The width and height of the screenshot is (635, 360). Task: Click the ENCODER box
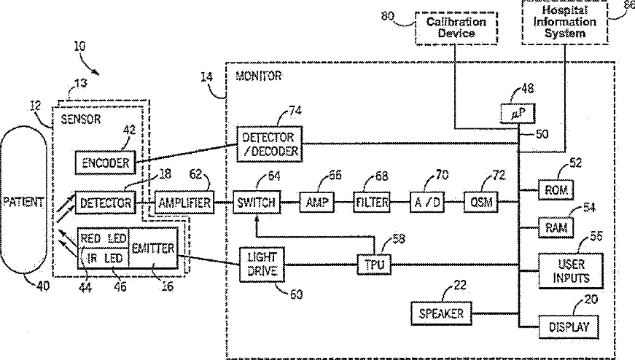tap(105, 163)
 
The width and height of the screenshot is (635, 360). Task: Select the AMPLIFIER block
tap(184, 203)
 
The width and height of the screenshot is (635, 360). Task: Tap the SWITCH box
tap(257, 203)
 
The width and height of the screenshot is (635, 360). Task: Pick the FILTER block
tap(372, 203)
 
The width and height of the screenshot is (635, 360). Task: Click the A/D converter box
tap(426, 203)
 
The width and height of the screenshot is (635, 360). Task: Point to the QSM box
tap(481, 202)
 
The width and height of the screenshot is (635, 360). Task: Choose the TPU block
tap(374, 265)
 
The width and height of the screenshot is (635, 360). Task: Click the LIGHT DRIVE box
tap(262, 265)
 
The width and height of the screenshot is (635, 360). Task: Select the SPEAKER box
tap(441, 313)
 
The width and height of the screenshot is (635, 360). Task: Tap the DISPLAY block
tap(569, 326)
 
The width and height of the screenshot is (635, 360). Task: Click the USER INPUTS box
tap(571, 271)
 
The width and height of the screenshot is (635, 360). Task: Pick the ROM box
tap(556, 190)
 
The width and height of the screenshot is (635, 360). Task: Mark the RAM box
tap(556, 227)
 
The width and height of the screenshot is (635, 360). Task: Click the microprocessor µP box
tap(518, 114)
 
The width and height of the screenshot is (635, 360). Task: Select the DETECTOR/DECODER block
tap(269, 144)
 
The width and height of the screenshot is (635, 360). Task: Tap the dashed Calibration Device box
tap(456, 28)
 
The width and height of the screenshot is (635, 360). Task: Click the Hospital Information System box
tap(564, 22)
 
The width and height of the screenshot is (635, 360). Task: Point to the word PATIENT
tap(23, 202)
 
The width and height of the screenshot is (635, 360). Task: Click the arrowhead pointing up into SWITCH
tap(257, 218)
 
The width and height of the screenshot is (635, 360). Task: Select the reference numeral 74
tap(295, 111)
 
